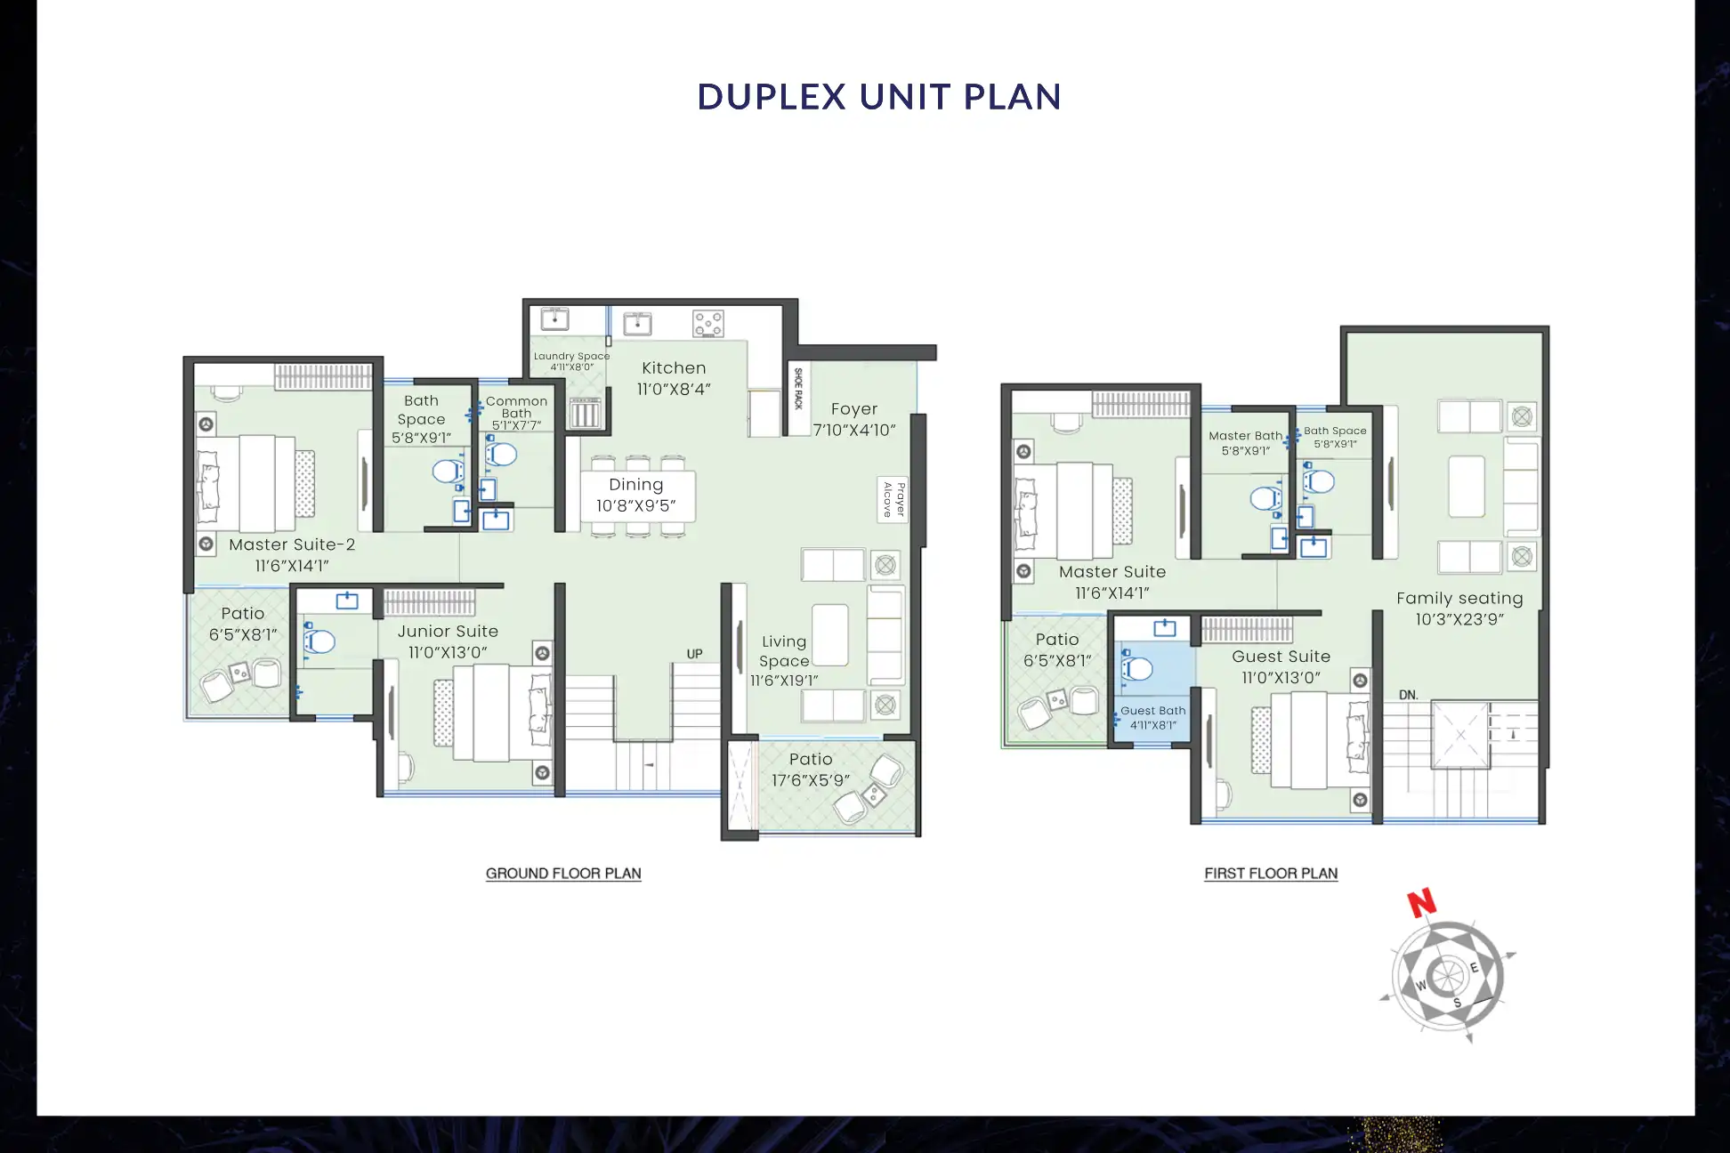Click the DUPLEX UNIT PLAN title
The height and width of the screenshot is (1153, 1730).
tap(879, 97)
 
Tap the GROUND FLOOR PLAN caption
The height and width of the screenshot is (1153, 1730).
tap(563, 874)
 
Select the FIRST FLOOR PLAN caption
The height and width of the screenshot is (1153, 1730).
tap(1271, 874)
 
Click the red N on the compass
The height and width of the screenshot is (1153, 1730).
tap(1421, 902)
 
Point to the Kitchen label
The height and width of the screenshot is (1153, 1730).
tap(674, 368)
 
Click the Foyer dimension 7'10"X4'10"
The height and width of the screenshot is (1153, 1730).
tap(854, 431)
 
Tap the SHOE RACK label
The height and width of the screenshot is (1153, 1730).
tap(798, 389)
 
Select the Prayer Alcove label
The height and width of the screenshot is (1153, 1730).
tap(893, 499)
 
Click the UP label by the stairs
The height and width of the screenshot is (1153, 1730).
tap(694, 654)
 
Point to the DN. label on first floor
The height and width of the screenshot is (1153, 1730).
tap(1408, 695)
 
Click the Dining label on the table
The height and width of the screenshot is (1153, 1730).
tap(635, 485)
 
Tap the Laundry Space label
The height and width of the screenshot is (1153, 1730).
tap(571, 356)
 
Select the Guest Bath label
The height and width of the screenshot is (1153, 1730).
tap(1152, 711)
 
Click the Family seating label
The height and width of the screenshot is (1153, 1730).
tap(1459, 599)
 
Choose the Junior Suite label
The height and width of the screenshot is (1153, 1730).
tap(448, 632)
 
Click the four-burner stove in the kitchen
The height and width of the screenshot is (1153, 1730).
tap(708, 324)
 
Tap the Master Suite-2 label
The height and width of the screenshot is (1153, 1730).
tap(292, 544)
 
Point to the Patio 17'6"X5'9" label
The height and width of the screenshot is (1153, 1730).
tap(811, 770)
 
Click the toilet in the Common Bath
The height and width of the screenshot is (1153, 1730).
tap(501, 455)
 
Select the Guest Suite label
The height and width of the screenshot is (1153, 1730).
tap(1281, 657)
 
